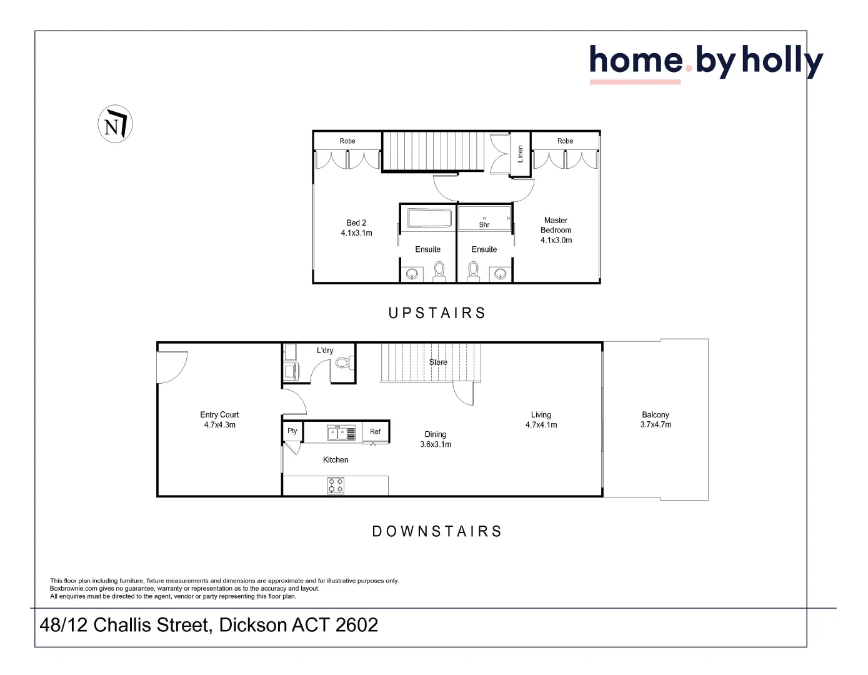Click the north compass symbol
click(115, 124)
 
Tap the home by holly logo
click(706, 62)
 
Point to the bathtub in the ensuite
click(429, 218)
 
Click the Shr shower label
click(484, 224)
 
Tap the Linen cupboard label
click(520, 154)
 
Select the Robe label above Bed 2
click(347, 141)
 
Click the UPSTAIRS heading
click(437, 313)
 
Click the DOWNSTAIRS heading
click(437, 531)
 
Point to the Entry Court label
click(219, 415)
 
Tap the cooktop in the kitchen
click(336, 486)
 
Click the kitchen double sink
click(341, 432)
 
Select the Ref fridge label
click(375, 431)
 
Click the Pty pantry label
click(292, 431)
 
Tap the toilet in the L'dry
click(343, 362)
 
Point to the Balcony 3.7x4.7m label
click(656, 419)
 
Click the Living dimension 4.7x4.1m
click(541, 425)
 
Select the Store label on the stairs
click(438, 362)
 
